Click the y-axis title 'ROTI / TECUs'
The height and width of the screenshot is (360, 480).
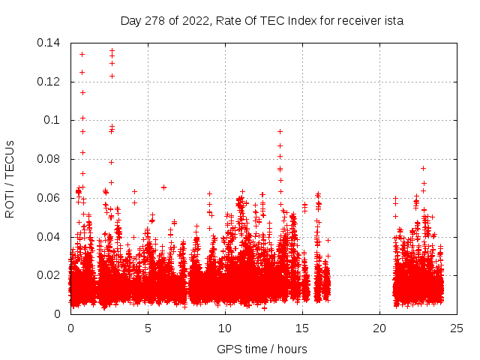click(10, 178)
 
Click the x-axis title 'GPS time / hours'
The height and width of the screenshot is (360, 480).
click(262, 349)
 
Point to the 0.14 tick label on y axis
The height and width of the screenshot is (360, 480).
click(50, 43)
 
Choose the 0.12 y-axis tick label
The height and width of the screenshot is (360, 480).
click(50, 82)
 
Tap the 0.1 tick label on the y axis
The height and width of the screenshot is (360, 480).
click(53, 120)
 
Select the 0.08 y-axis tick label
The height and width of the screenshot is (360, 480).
click(50, 159)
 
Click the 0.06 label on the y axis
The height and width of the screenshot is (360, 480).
click(50, 198)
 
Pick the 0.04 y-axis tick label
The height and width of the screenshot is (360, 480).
click(50, 237)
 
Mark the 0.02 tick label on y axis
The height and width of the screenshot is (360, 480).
click(50, 275)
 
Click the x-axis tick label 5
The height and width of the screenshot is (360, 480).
click(148, 328)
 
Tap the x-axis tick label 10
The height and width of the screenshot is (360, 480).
click(225, 328)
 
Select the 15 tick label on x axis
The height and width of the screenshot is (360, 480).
click(302, 328)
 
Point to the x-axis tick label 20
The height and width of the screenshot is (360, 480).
click(379, 328)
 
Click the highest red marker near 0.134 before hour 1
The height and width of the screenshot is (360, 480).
click(82, 54)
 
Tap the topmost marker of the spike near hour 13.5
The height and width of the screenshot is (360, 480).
click(280, 131)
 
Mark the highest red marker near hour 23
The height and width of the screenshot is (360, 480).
click(423, 168)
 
